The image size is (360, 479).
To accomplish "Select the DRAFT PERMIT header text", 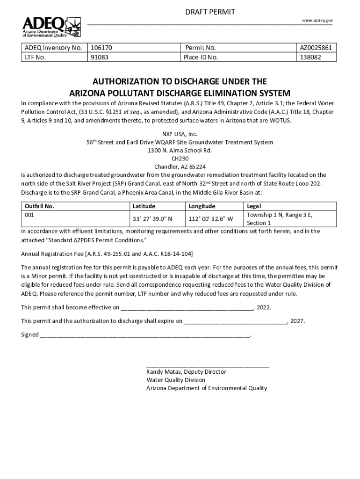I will pos(210,11).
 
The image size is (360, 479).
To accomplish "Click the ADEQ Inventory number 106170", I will pos(101,48).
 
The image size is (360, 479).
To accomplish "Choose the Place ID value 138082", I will pos(310,58).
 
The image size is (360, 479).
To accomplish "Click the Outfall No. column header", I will pos(39,206).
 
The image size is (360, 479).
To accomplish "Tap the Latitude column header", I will pos(144,206).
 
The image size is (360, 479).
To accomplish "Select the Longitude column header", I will pos(202,206).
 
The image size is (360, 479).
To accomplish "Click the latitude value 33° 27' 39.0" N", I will pos(153,218).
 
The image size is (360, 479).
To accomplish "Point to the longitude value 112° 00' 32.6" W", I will pos(211,218).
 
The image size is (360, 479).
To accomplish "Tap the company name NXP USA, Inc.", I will pos(180,134).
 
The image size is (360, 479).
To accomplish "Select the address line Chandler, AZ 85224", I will pos(180,167).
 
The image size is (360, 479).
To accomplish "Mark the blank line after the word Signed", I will pos(145,335).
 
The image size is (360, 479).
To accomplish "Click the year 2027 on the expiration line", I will pos(297,321).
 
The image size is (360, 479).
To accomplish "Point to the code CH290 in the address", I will pos(180,159).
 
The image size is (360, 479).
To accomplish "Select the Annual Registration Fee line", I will pos(107,254).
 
